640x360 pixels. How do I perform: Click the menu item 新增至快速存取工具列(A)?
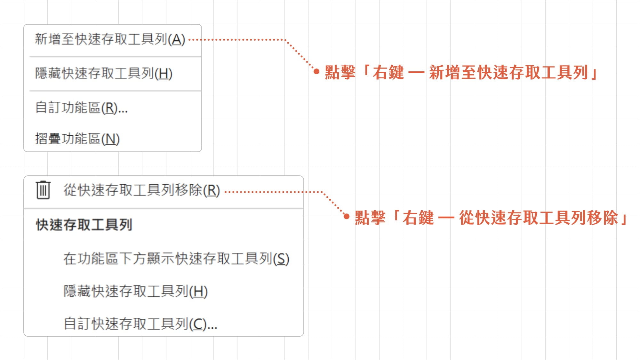pos(110,39)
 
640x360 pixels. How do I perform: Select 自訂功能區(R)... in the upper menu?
pos(81,108)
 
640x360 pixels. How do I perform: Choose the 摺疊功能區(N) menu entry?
pos(77,139)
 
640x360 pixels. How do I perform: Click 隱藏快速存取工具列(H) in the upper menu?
pos(104,73)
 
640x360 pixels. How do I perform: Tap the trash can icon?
pos(43,190)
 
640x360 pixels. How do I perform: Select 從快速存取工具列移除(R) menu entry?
pos(142,190)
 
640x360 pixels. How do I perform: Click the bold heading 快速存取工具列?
pos(84,225)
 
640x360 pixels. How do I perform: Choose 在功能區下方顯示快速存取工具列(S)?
pos(176,259)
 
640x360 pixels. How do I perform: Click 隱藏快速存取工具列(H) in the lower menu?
pos(136,291)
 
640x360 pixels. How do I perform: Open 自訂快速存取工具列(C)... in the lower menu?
pos(140,324)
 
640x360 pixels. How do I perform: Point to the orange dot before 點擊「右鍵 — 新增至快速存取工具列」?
pos(316,72)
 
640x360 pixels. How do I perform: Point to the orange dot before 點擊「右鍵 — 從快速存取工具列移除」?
pos(346,217)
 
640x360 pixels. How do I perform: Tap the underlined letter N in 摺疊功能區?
pos(111,139)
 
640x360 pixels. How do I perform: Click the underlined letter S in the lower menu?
pos(281,259)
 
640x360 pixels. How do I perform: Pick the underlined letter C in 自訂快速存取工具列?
pos(198,324)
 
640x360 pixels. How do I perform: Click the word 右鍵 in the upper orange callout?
pos(388,72)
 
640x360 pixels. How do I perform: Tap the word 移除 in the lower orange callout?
pos(602,218)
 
